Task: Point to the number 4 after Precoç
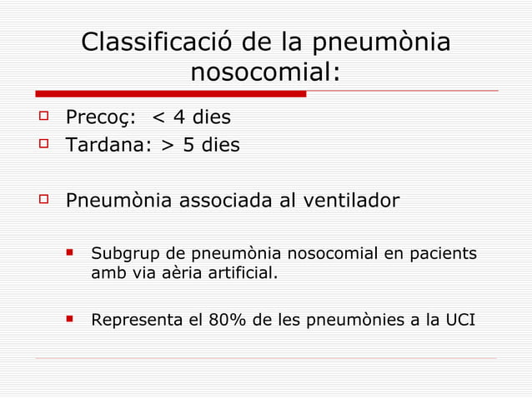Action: (x=178, y=118)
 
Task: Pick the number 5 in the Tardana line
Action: (x=188, y=146)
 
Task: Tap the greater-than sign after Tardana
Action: (x=168, y=147)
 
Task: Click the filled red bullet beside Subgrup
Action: (x=72, y=251)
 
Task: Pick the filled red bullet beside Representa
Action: (x=72, y=316)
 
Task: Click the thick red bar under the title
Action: (x=171, y=93)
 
